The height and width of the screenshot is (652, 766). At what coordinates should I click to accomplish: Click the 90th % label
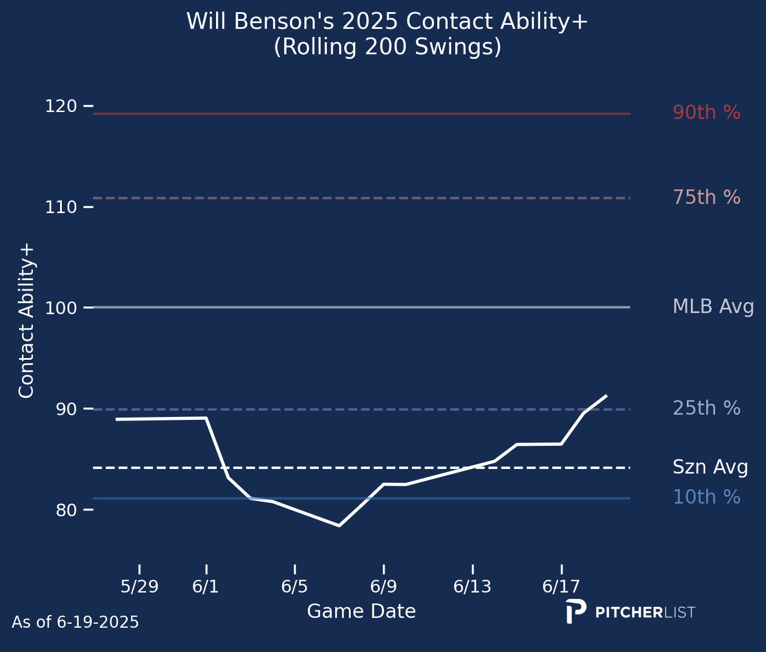706,112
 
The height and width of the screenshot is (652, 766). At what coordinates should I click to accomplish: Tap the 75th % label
706,197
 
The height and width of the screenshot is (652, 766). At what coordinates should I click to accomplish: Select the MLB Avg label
713,307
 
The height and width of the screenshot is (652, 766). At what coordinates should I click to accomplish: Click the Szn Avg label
710,467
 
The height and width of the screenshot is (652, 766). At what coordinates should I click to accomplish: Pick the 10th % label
706,497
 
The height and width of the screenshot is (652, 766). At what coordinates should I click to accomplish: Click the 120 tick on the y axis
61,106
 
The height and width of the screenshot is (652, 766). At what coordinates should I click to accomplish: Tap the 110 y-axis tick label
61,207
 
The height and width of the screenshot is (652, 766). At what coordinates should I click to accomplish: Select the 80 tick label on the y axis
66,510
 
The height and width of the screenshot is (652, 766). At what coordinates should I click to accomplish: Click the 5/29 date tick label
139,587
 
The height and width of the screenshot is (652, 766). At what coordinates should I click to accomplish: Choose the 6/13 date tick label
472,587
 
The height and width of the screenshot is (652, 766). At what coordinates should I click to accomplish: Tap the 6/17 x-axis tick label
561,587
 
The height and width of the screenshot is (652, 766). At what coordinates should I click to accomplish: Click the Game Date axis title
361,611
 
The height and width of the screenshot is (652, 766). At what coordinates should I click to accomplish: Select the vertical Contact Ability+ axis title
26,321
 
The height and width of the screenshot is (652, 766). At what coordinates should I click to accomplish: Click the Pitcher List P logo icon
576,612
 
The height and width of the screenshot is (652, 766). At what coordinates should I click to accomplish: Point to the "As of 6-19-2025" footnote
75,623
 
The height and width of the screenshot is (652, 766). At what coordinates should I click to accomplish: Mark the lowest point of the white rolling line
339,526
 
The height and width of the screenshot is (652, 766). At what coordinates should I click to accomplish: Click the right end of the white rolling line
607,395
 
